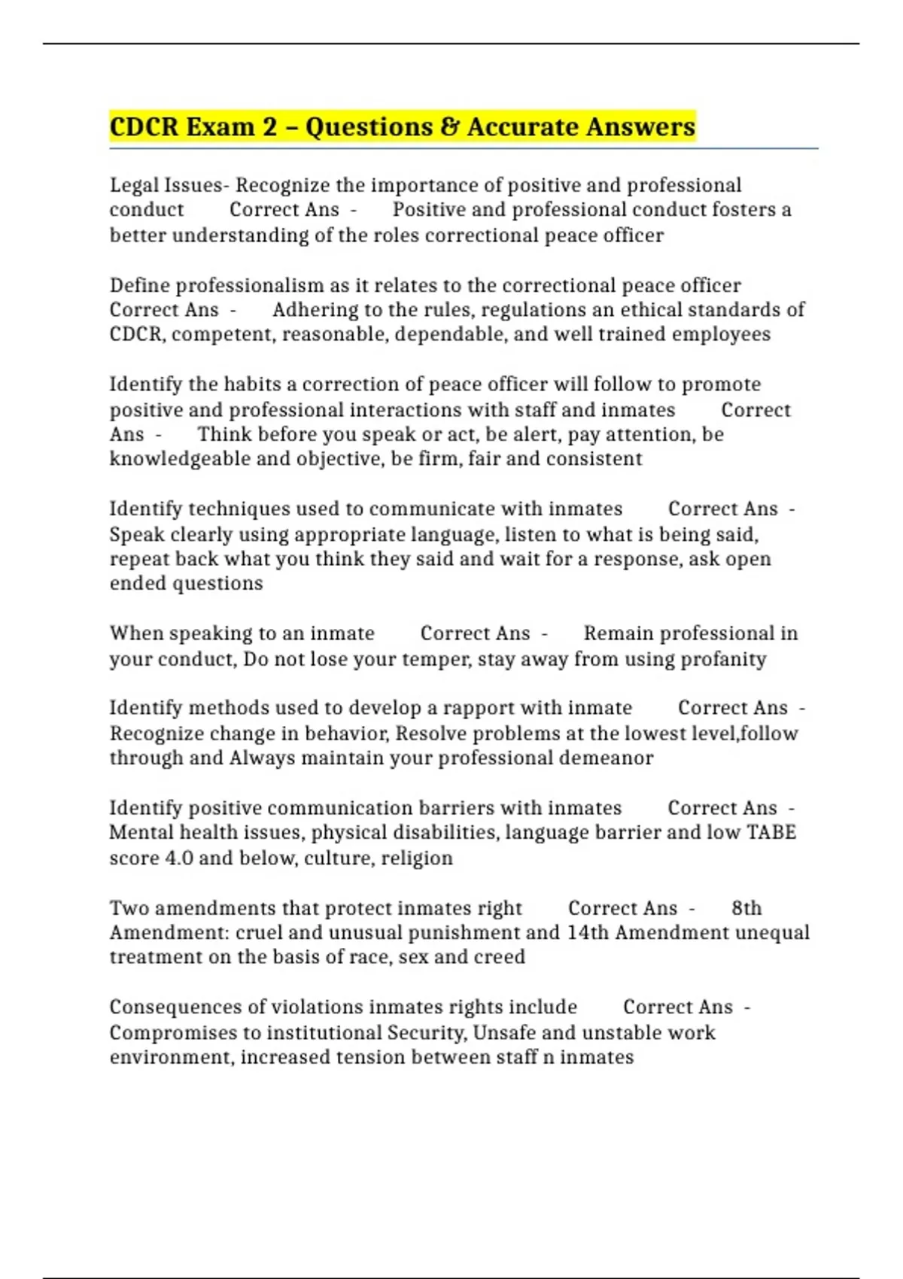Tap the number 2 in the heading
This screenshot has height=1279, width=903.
click(270, 126)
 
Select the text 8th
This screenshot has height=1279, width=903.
click(746, 908)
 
